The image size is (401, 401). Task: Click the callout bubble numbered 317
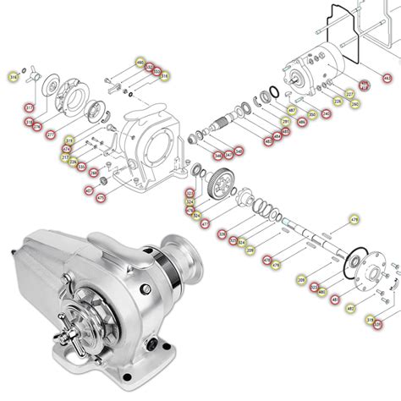pos(29,107)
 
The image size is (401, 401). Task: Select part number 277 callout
pos(51,134)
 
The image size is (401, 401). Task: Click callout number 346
pos(217,155)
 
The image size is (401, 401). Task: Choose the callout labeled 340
pos(239,151)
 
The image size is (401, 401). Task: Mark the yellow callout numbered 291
pos(286,122)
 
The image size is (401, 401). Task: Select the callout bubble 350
pos(312,114)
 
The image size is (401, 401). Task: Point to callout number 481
pos(335,299)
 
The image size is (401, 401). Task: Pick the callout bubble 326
pos(222,233)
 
